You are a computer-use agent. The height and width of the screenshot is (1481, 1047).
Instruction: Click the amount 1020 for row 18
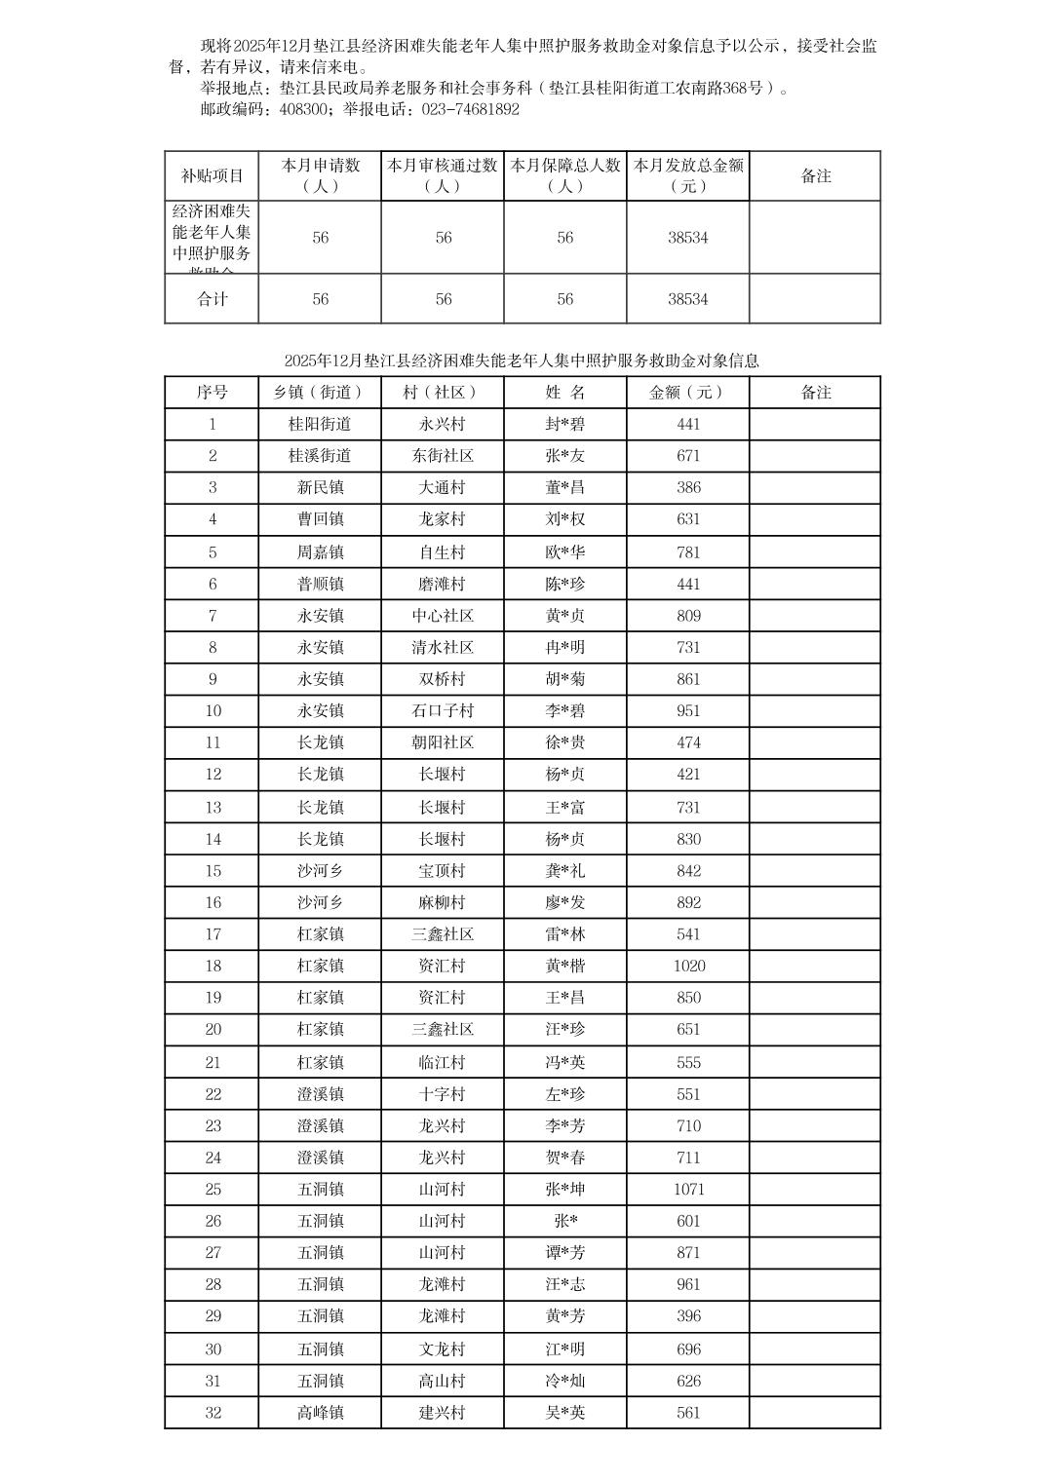(688, 966)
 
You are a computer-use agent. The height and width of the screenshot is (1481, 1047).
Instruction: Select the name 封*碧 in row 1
(565, 424)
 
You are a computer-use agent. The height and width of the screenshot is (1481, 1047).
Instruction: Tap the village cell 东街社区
(443, 456)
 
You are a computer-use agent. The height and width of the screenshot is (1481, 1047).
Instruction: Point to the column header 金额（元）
(688, 392)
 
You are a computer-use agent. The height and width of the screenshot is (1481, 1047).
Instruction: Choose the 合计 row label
(213, 299)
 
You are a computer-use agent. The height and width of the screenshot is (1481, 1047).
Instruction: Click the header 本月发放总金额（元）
(688, 175)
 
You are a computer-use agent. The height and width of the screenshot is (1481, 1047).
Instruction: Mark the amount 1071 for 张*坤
(688, 1189)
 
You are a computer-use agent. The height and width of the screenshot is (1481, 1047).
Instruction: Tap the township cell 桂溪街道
(320, 456)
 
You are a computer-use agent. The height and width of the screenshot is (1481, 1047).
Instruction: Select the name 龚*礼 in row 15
(565, 870)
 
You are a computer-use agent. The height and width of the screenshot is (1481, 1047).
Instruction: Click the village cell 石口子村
(443, 710)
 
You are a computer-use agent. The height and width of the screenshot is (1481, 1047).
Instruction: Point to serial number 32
(213, 1412)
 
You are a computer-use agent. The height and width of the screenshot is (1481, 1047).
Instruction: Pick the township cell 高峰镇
(320, 1412)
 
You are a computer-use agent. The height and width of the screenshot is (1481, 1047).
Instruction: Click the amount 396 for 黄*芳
(688, 1315)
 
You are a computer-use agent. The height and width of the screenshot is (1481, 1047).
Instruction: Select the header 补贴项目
(213, 176)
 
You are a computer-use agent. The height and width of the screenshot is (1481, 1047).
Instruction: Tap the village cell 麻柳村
(443, 902)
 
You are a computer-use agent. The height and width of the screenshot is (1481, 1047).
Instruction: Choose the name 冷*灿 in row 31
(565, 1381)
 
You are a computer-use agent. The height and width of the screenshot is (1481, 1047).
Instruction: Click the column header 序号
(213, 392)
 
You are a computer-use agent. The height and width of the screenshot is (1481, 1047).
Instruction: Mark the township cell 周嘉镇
(320, 552)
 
